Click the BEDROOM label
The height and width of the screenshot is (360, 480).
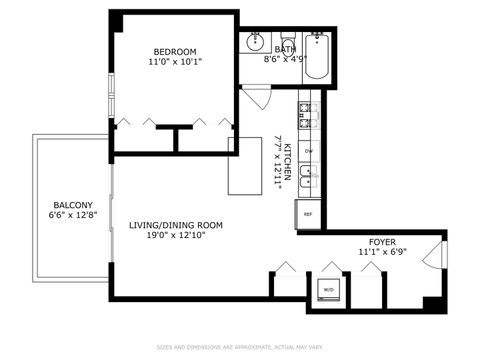[x=174, y=52]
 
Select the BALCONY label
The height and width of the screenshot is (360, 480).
[x=72, y=203]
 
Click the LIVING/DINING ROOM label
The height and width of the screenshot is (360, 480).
[x=175, y=225]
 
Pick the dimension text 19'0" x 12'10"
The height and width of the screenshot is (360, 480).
[x=175, y=237]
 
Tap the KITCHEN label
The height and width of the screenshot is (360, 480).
[x=287, y=161]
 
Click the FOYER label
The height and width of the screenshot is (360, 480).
[x=382, y=241]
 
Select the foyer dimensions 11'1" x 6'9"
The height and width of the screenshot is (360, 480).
[x=382, y=253]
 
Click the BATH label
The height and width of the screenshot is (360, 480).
[x=286, y=48]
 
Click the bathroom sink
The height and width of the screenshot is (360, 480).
[x=256, y=42]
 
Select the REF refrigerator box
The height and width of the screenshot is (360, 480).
[x=308, y=214]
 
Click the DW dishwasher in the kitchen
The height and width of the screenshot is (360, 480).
[x=308, y=151]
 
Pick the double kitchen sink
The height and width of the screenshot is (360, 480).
[x=309, y=178]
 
